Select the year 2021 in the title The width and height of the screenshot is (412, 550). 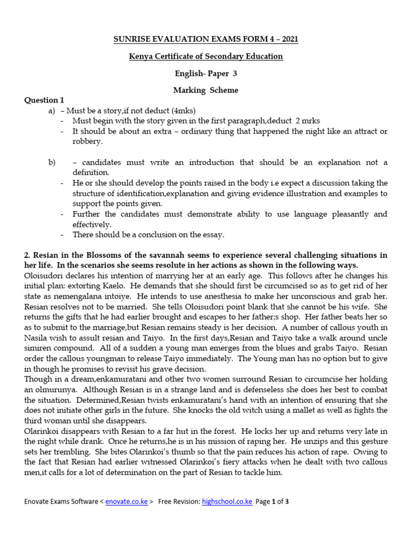(x=288, y=39)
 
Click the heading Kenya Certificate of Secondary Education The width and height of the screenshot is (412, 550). (x=206, y=56)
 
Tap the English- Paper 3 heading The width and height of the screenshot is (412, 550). (x=206, y=74)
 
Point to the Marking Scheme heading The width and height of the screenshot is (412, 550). (x=205, y=91)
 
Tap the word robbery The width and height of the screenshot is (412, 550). (x=87, y=141)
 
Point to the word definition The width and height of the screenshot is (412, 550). (x=91, y=172)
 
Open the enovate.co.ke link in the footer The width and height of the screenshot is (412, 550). (x=126, y=502)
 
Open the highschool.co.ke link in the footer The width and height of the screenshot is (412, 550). (x=226, y=502)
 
